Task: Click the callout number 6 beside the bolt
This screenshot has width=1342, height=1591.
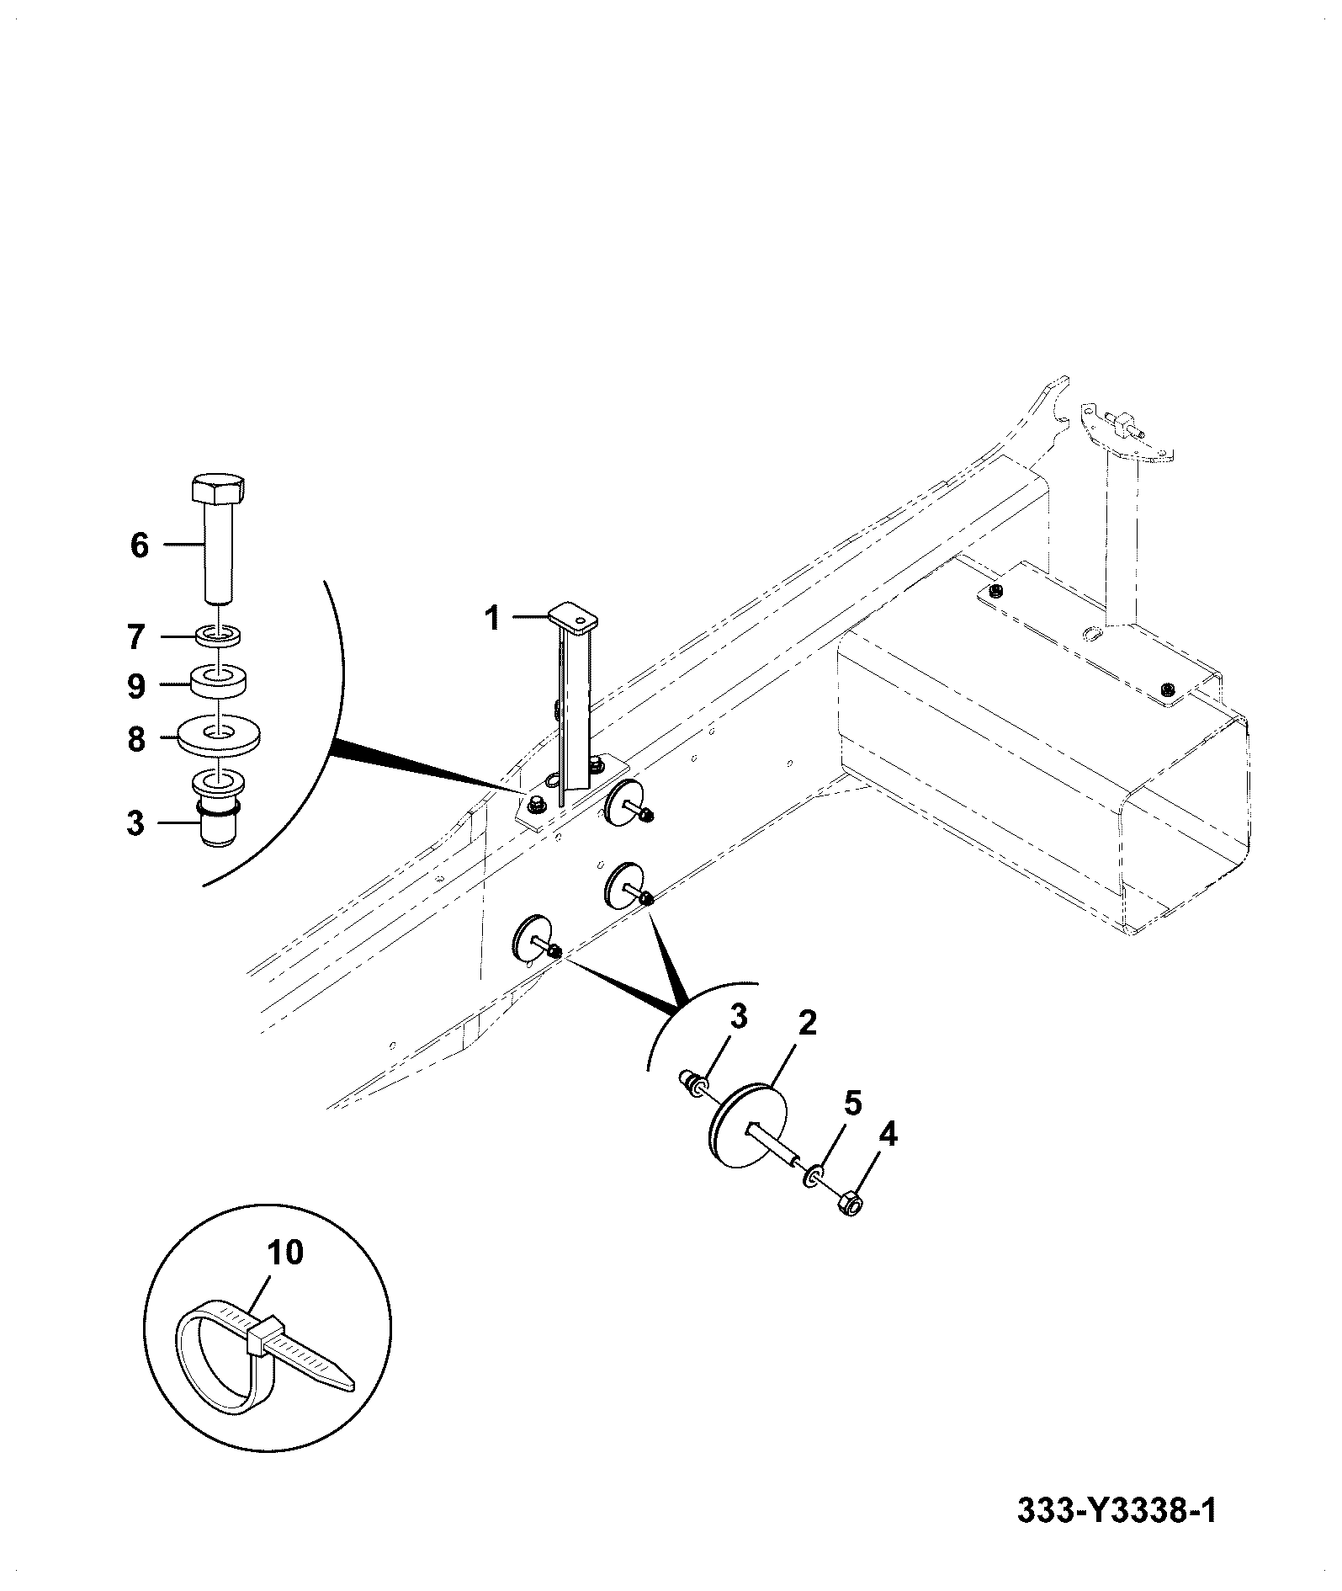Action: (140, 545)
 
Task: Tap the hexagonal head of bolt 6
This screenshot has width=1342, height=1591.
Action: (219, 489)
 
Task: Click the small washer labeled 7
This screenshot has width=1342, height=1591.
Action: (219, 636)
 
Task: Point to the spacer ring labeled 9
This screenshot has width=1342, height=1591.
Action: (220, 682)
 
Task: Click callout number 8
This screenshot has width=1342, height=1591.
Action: (136, 741)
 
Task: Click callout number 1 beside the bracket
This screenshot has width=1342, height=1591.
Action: (492, 620)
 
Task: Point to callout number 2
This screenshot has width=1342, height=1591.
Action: (807, 1024)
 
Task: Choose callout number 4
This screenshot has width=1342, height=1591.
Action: (888, 1136)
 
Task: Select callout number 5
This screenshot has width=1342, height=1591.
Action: (853, 1103)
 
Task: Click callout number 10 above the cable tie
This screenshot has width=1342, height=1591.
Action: (286, 1276)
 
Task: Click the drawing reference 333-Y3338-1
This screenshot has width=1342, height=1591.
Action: (1117, 1511)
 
